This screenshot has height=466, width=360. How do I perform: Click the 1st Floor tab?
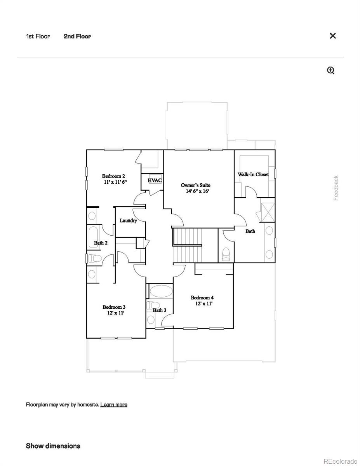pos(38,37)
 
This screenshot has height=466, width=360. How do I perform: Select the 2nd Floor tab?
pos(77,37)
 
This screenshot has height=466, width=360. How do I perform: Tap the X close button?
pos(332,36)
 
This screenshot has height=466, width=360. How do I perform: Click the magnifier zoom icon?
pos(331,70)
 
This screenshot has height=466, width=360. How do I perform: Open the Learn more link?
pos(114,405)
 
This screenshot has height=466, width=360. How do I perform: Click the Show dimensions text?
pos(53,446)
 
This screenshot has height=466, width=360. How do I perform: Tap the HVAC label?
pos(155,181)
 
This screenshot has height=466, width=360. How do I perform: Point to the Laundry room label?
pos(128,221)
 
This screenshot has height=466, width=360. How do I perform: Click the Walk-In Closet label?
pos(253,175)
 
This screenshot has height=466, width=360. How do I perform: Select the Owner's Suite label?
pos(196,185)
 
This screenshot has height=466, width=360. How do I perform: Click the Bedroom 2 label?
pos(113,176)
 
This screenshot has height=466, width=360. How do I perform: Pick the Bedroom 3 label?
pos(114,307)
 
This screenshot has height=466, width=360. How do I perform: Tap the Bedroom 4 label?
pos(202,298)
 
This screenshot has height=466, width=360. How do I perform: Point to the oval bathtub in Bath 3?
pos(161,291)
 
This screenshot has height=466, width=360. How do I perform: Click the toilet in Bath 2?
pos(94,258)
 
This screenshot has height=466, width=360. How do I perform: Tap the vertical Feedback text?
pos(336,188)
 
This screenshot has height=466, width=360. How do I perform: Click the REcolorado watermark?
pos(340,461)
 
